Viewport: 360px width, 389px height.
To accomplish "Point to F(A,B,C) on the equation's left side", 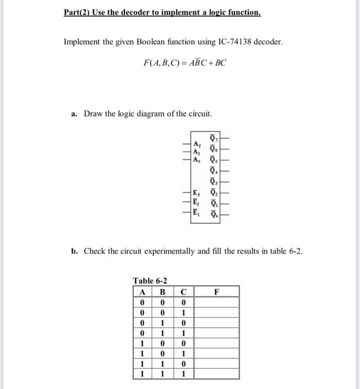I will click(160, 62).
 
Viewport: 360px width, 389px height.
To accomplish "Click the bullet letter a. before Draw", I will click(74, 114).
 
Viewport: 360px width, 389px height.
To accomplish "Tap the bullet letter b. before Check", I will click(74, 251).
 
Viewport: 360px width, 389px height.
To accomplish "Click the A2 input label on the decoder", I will click(196, 141).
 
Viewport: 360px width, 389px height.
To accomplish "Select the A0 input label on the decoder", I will click(196, 159).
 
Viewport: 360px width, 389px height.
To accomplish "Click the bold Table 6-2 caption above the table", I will click(150, 281).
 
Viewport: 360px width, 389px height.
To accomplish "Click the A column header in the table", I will click(143, 292).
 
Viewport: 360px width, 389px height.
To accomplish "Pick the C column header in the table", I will click(183, 292).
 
